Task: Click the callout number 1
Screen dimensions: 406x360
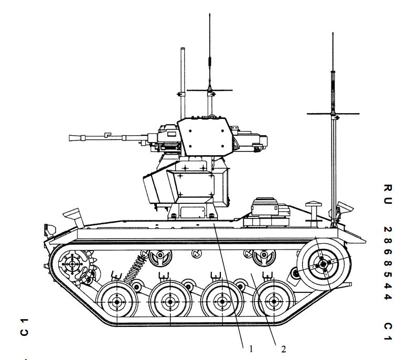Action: pos(251,349)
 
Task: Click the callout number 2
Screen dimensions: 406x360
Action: pos(284,350)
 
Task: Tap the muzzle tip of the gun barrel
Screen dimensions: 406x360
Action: pos(70,138)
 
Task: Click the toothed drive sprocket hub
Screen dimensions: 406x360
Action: pos(72,264)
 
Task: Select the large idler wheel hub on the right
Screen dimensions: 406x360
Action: pos(323,264)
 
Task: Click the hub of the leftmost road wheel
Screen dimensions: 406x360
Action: pos(117,302)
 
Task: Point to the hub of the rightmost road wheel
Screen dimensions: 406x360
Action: pos(274,301)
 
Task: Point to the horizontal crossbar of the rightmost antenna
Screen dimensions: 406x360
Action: pos(333,114)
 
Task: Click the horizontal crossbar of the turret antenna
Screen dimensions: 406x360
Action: pos(209,90)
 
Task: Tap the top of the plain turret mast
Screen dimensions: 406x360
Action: pos(183,48)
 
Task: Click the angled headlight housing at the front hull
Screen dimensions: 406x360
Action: pos(73,215)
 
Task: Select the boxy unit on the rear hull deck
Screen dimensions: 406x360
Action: pos(267,212)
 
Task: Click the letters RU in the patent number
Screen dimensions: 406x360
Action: pos(388,194)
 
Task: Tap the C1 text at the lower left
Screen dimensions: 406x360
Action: pos(24,327)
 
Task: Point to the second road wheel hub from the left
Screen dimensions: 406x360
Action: pos(170,302)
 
